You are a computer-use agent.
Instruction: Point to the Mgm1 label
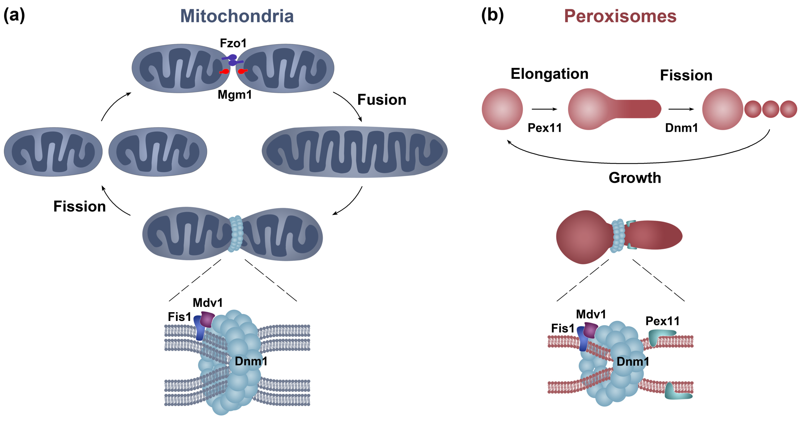(x=234, y=95)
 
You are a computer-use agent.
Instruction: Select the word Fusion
(x=382, y=100)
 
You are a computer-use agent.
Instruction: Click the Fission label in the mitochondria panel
(x=80, y=207)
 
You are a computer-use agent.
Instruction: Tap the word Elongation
(x=550, y=74)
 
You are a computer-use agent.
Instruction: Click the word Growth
(x=635, y=178)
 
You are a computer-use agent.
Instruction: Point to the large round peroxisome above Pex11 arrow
(x=502, y=109)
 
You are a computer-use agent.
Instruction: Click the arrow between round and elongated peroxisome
(x=544, y=109)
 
